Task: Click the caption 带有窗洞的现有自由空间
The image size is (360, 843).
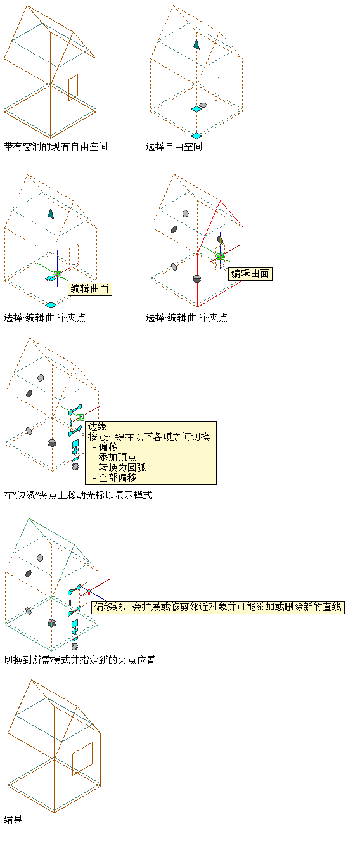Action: (56, 146)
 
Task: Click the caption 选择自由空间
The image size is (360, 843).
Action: (174, 146)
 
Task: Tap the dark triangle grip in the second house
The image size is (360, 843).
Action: (196, 44)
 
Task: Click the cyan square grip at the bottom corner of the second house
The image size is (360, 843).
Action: (196, 136)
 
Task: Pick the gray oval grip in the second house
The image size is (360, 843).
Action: (203, 105)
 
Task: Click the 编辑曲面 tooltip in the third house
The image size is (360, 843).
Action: (90, 288)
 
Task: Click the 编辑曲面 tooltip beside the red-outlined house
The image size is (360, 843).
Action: (250, 274)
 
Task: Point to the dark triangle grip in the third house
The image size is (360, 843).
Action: (51, 214)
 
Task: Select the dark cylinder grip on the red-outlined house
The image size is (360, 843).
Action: (196, 278)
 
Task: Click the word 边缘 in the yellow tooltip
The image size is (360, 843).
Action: (98, 427)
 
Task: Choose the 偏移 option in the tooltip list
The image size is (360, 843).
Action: (108, 447)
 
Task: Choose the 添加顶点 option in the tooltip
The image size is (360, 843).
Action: (117, 457)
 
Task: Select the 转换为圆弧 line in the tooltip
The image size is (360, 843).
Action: (122, 467)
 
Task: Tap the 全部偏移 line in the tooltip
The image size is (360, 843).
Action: (117, 477)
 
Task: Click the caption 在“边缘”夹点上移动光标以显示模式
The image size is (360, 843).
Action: (78, 495)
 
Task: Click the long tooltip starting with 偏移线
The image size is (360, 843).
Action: (218, 607)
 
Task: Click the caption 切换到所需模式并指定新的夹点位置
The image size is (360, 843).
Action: (80, 660)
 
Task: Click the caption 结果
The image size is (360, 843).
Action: (13, 820)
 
